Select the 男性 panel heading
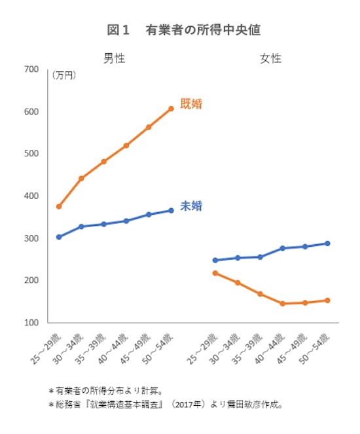pos(115,58)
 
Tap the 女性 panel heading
pos(271,58)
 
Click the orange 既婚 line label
pos(191,103)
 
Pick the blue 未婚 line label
pos(191,206)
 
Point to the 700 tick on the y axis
pos(31,69)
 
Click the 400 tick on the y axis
pos(31,196)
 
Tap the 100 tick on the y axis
pos(31,323)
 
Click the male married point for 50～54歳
pos(171,109)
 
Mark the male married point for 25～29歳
pos(59,206)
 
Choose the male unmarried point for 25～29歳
pos(59,237)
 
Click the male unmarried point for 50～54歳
pos(171,210)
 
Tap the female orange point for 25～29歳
pos(215,273)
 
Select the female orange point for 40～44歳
pos(282,304)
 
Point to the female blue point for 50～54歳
pos(327,244)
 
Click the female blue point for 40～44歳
pos(282,248)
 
